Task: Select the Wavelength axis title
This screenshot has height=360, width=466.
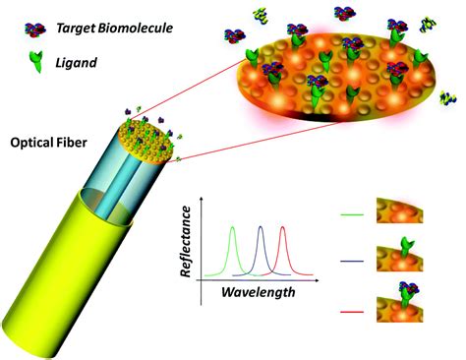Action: pyautogui.click(x=258, y=292)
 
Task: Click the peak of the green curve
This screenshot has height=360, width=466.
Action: pyautogui.click(x=233, y=228)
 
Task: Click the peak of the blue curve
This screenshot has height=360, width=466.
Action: pyautogui.click(x=261, y=228)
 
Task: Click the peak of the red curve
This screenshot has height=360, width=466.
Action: pyautogui.click(x=283, y=228)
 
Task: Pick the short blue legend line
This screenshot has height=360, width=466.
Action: pyautogui.click(x=351, y=261)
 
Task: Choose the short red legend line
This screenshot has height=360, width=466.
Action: pyautogui.click(x=351, y=313)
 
